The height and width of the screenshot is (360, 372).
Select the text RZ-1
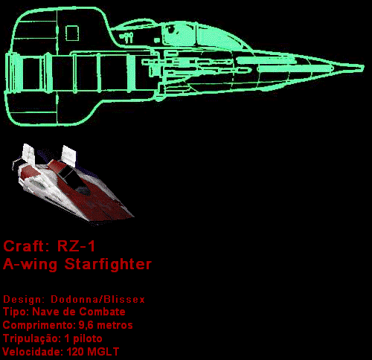76,246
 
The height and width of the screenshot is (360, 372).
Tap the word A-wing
30,264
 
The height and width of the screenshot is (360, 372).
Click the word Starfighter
108,264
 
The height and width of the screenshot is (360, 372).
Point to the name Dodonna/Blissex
97,299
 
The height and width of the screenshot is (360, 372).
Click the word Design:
23,299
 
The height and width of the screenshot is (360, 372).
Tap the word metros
115,325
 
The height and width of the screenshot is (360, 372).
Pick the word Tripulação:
31,338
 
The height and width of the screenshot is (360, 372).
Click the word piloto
88,338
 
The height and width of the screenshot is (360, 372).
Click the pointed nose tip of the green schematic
363,68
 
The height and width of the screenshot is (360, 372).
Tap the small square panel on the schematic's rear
72,33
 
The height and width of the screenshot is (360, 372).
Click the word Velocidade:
33,352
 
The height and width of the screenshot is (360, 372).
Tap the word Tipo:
16,312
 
